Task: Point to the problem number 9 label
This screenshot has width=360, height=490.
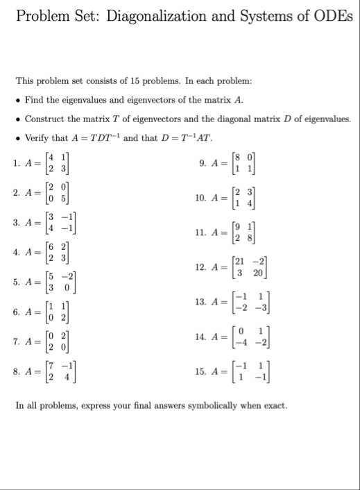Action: click(203, 164)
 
